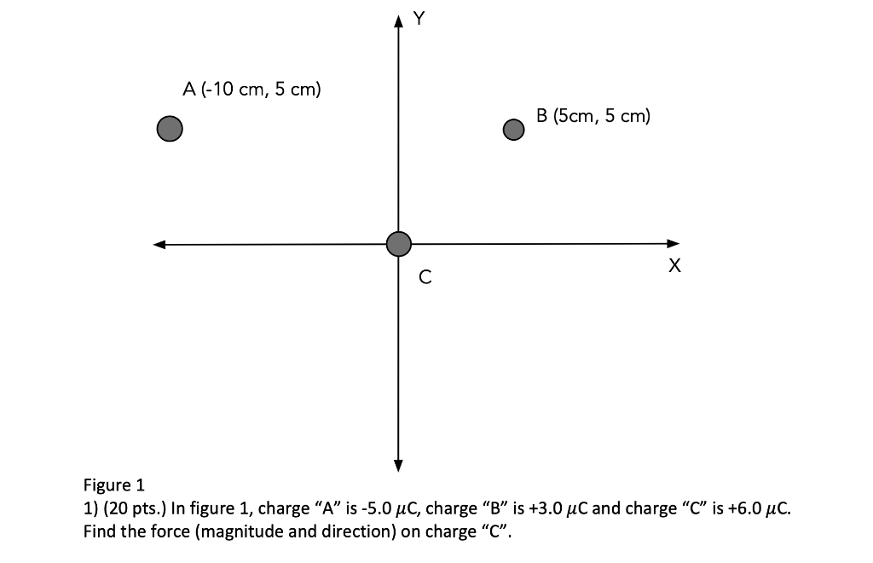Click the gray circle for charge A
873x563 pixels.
[170, 129]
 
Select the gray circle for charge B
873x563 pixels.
[512, 129]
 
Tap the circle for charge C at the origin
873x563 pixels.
[398, 244]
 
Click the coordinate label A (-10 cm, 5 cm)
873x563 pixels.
[251, 89]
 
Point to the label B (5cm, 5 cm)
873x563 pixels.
[593, 116]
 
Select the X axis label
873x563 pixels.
[675, 267]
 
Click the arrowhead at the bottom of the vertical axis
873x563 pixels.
[398, 465]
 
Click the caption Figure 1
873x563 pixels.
[114, 486]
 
